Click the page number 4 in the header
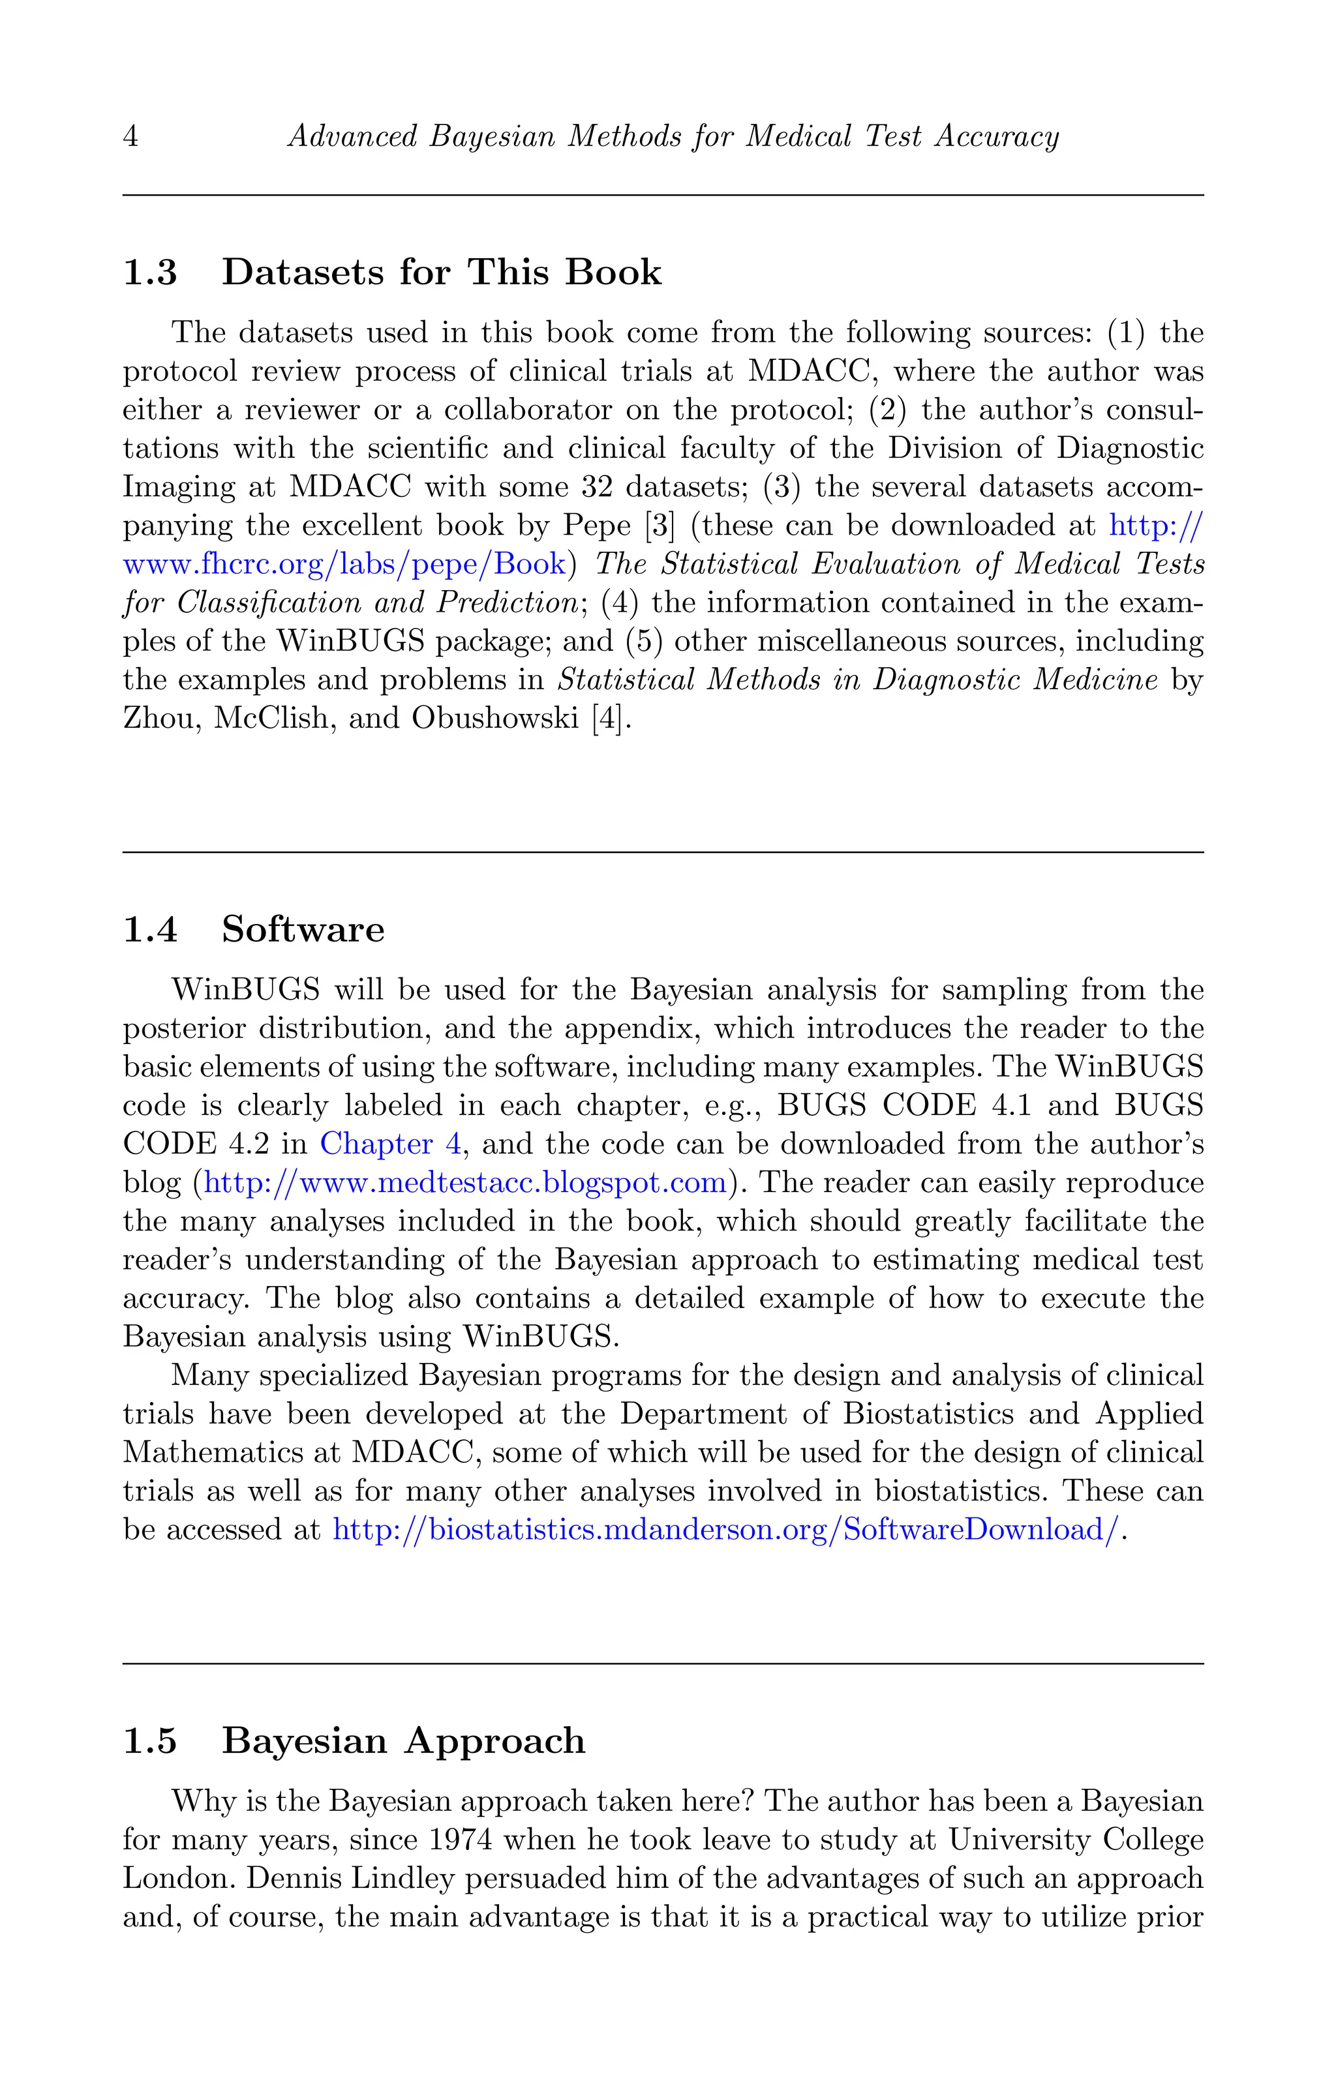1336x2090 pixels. (x=130, y=137)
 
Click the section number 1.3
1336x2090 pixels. (x=149, y=273)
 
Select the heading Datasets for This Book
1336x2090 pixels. (x=441, y=273)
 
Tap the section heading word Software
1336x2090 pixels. (x=302, y=929)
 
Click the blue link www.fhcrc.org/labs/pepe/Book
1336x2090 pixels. (x=344, y=565)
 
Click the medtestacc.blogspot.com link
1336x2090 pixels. (x=464, y=1183)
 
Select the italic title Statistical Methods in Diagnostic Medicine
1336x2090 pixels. (x=857, y=680)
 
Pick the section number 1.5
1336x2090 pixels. (x=149, y=1741)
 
